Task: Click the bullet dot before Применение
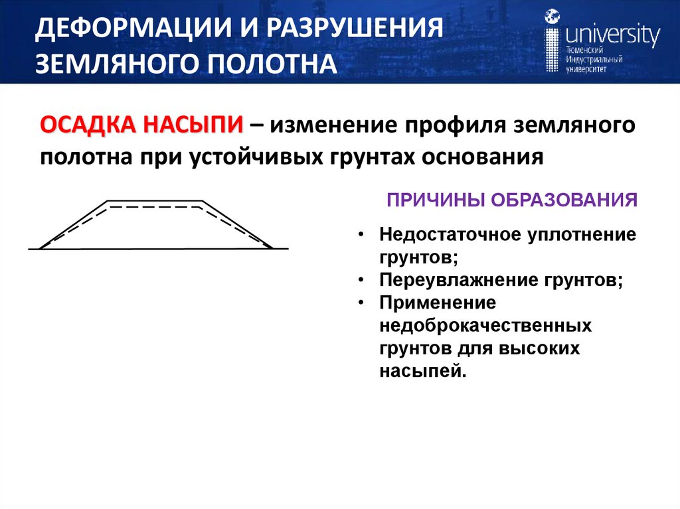(360, 303)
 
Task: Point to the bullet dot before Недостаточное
(360, 236)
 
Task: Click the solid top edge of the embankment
(155, 200)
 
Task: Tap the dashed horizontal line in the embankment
(154, 208)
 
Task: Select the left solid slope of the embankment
(74, 224)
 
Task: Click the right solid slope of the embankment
(237, 224)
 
